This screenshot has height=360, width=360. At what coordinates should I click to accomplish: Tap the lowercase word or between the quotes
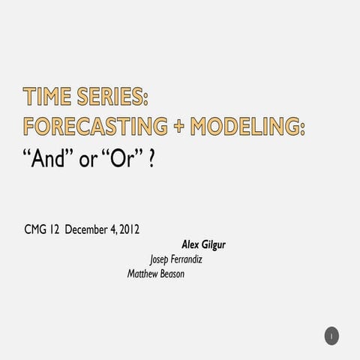point(88,161)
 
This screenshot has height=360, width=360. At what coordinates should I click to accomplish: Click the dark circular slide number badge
point(331,336)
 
